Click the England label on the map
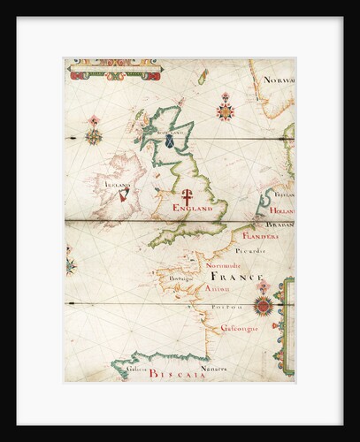pyautogui.click(x=192, y=209)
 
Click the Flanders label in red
pyautogui.click(x=260, y=237)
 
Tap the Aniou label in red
pyautogui.click(x=215, y=288)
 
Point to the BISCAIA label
pyautogui.click(x=177, y=374)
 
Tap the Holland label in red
pyautogui.click(x=280, y=212)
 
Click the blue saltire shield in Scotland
pyautogui.click(x=170, y=140)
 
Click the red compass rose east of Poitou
pyautogui.click(x=262, y=306)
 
